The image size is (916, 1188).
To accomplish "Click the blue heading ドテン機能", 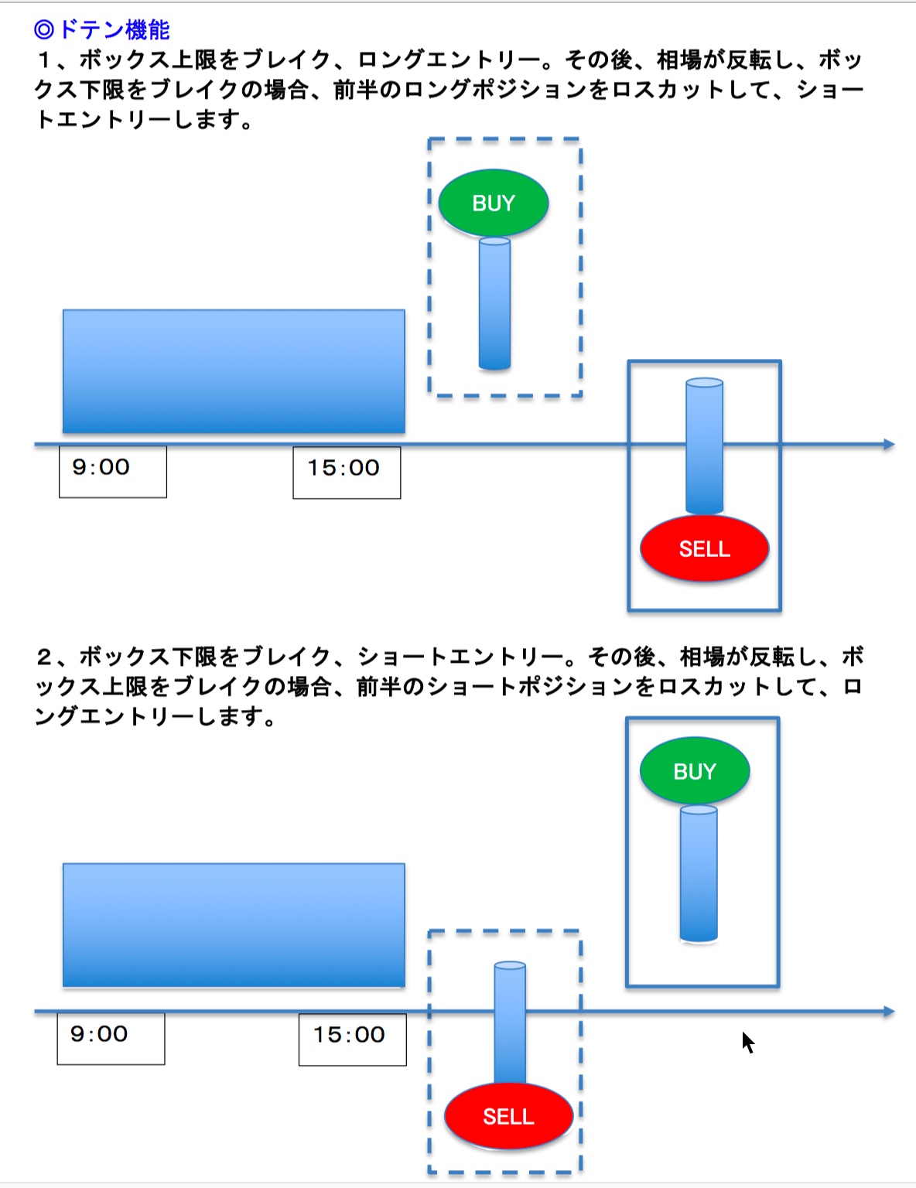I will tap(102, 29).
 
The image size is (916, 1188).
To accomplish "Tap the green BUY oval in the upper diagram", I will tap(494, 203).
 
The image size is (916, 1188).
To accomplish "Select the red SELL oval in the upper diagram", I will tap(704, 548).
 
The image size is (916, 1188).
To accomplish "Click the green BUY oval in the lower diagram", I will tap(695, 771).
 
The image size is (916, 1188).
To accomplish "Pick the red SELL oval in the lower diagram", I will tap(508, 1116).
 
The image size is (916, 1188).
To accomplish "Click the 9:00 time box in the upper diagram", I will tap(113, 470).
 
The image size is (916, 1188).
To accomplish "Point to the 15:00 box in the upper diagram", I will tap(347, 472).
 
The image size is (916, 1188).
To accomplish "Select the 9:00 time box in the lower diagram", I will tap(111, 1038).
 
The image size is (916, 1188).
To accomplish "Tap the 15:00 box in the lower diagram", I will tap(352, 1039).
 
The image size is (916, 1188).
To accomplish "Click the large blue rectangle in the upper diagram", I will tap(234, 371).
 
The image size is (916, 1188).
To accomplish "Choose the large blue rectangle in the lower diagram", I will tap(234, 925).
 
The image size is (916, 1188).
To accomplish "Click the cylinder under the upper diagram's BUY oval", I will tap(494, 304).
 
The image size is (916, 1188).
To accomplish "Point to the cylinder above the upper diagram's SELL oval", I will tap(704, 445).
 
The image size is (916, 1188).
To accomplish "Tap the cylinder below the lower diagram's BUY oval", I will tap(699, 873).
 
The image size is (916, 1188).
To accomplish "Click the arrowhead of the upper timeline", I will tap(889, 445).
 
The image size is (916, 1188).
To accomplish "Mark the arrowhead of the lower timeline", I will tap(889, 1012).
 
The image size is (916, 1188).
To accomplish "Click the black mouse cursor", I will tap(747, 1041).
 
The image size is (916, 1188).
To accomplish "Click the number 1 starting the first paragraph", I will tap(44, 60).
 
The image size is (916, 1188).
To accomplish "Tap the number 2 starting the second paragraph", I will tap(44, 657).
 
